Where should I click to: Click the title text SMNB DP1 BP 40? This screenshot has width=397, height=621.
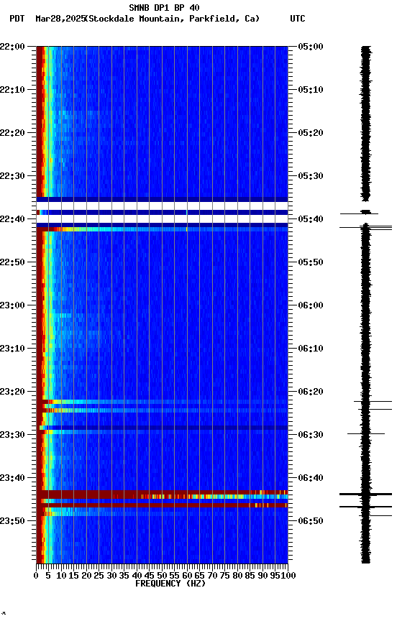coord(164,8)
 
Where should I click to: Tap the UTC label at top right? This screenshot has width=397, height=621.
coord(298,19)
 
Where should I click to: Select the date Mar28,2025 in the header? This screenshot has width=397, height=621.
coord(60,19)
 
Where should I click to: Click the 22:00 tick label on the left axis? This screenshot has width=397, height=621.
coord(13,47)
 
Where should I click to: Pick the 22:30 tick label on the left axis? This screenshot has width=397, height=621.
coord(13,176)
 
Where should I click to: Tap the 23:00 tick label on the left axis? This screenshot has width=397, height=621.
coord(13,305)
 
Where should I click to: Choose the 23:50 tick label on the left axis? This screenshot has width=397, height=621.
coord(13,521)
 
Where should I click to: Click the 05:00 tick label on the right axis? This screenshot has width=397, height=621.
coord(310,47)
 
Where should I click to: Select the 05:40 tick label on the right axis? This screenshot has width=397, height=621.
coord(310,219)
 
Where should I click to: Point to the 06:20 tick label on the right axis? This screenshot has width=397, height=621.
coord(310,392)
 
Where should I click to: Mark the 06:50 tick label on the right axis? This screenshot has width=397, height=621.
coord(310,521)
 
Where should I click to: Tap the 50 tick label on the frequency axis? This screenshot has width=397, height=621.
coord(162,575)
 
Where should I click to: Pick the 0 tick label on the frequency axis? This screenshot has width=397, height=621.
coord(37,575)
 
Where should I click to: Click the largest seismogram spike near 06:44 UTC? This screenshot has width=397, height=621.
coord(365,494)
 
